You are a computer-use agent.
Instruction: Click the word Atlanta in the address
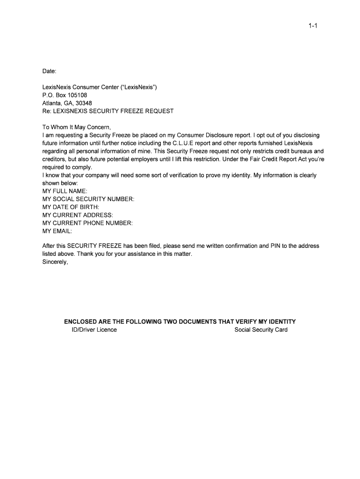[52, 103]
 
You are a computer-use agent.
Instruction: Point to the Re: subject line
[108, 111]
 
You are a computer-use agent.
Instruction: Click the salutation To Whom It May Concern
[77, 127]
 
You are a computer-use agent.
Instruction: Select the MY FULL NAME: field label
[65, 191]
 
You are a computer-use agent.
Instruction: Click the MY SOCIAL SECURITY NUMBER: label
[88, 199]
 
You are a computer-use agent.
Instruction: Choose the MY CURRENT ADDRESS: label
[78, 215]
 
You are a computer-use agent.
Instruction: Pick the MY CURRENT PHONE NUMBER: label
[87, 223]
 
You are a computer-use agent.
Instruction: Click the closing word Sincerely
[55, 262]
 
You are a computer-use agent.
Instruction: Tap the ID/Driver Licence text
[91, 330]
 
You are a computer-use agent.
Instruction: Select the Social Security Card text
[261, 330]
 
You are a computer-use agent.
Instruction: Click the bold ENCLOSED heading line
[180, 322]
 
